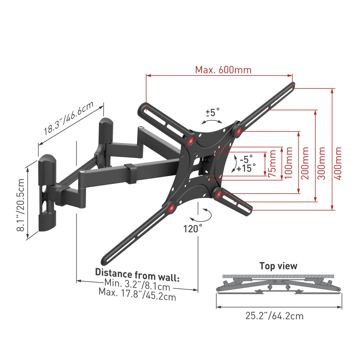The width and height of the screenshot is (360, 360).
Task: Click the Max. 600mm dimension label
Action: (x=223, y=69)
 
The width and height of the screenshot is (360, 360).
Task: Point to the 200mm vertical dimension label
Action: (x=305, y=163)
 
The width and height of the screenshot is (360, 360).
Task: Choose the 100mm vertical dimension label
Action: (x=288, y=163)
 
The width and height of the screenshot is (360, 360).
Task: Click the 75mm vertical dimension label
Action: (x=273, y=165)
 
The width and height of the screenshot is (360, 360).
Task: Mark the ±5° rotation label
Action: (x=212, y=112)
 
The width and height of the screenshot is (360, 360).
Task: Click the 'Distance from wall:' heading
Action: (x=137, y=272)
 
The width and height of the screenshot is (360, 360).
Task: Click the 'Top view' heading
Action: (x=278, y=266)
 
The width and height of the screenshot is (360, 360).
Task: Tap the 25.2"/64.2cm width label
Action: (x=274, y=316)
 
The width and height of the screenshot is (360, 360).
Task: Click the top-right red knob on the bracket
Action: (x=238, y=131)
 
